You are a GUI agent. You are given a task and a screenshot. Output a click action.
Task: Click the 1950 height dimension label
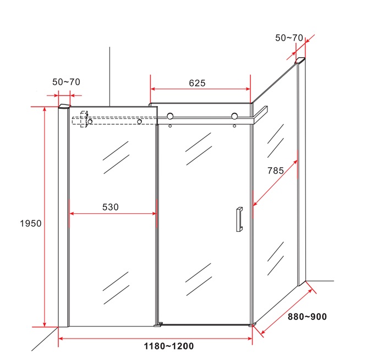[x=31, y=224]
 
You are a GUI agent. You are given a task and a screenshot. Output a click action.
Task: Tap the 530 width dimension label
[x=111, y=207]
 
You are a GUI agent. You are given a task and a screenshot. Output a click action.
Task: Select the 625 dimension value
[x=197, y=83]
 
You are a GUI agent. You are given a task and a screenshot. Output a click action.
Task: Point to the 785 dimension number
[x=276, y=170]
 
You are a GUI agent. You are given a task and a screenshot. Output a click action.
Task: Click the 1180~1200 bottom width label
[x=169, y=346]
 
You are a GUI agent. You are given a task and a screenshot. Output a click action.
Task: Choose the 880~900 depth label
[x=307, y=317]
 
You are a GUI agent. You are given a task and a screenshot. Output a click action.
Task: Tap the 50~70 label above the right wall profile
[x=289, y=38]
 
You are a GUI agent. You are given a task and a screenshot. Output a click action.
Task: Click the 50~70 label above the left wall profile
[x=66, y=82]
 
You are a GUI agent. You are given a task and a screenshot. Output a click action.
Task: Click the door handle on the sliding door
[x=239, y=219]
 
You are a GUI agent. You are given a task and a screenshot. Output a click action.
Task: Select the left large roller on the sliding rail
[x=170, y=116]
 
